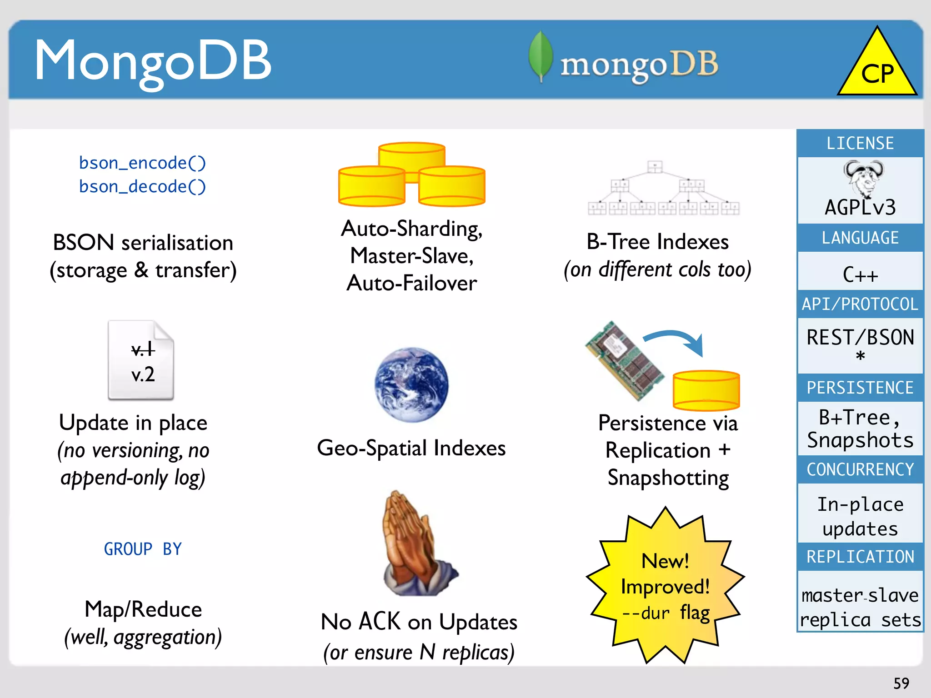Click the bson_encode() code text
142,163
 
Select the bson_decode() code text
142,186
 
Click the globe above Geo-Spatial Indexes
411,384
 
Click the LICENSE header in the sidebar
860,144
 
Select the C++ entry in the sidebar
860,274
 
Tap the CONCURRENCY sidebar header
860,469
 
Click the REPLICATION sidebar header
860,557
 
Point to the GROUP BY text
143,549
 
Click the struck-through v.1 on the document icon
143,349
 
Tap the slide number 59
901,683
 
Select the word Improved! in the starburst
665,587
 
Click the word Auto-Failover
411,283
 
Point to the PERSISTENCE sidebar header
860,388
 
